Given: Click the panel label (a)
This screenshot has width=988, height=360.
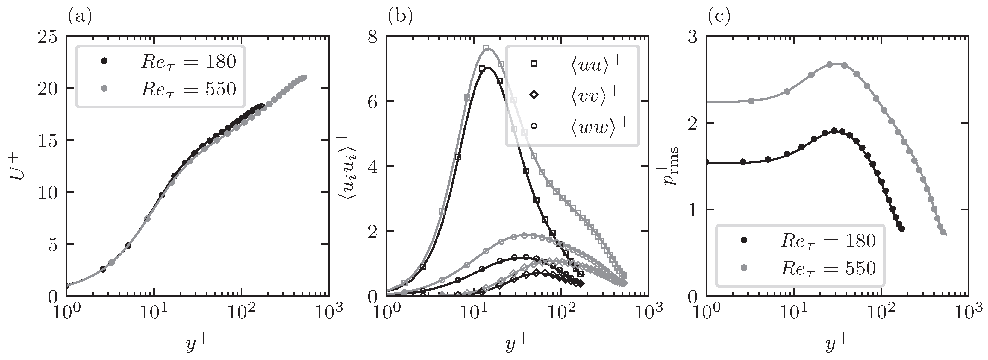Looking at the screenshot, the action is pos(80,17).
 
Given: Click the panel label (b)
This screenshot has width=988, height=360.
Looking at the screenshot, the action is pos(400,17).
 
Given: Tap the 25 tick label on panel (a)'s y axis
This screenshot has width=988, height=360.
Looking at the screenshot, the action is pos(48,37).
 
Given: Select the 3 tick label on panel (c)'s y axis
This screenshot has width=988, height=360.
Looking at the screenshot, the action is pos(693,37).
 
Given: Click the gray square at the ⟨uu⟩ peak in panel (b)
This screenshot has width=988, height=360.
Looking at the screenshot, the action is pos(486,48).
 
